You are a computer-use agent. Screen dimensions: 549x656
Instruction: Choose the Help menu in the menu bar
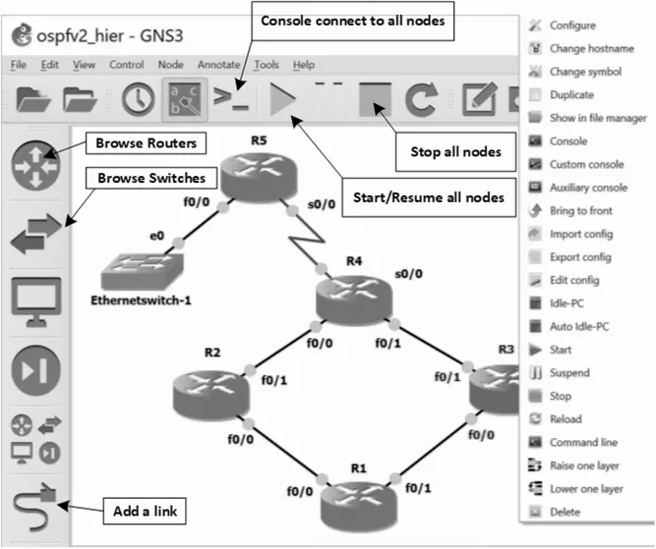(x=304, y=65)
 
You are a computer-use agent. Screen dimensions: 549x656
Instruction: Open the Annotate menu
(x=218, y=65)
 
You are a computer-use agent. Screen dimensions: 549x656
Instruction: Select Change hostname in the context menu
(x=591, y=48)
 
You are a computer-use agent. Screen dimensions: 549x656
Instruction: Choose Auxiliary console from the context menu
(x=588, y=188)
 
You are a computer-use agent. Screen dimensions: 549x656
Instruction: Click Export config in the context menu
(x=580, y=257)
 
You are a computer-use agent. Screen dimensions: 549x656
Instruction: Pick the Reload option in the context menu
(x=566, y=419)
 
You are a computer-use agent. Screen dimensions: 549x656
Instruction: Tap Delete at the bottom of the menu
(x=565, y=512)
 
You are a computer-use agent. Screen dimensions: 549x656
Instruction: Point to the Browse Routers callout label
(x=146, y=143)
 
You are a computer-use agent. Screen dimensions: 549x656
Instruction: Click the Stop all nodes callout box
(x=455, y=151)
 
